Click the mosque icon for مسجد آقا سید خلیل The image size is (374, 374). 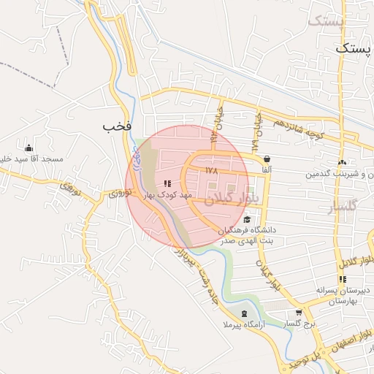coord(28,148)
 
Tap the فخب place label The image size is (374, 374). coord(117,126)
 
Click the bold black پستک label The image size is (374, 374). coord(353,48)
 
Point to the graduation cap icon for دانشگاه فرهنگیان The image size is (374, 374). coord(247,220)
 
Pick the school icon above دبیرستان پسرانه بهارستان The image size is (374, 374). coord(342,279)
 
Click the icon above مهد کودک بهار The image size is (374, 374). coord(167,184)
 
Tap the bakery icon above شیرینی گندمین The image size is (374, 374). coord(342,162)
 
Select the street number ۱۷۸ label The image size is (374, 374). coord(212,170)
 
